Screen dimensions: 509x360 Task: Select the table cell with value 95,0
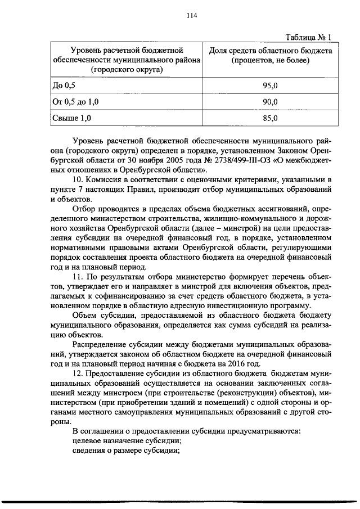point(271,85)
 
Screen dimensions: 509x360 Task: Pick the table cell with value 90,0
point(271,101)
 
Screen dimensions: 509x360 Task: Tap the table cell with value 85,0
point(271,118)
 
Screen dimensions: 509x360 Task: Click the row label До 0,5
point(63,85)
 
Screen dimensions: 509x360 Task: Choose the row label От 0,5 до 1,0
point(75,101)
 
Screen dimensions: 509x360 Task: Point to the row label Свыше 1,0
point(71,118)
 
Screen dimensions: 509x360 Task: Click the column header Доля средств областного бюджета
point(271,51)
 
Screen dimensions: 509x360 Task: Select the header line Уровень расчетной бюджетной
point(125,51)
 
